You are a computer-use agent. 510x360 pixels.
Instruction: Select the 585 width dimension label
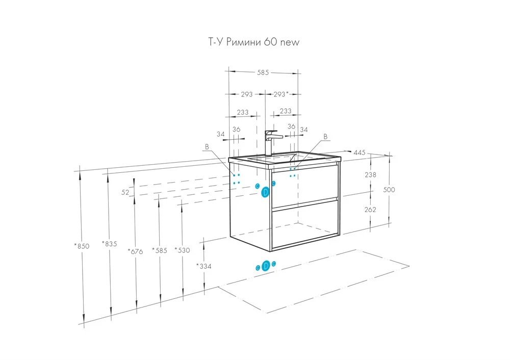point(263,72)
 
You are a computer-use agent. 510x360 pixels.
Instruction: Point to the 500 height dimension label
point(389,190)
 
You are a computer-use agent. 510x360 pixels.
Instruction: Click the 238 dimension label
point(371,175)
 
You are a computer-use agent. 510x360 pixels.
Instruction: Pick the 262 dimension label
point(371,209)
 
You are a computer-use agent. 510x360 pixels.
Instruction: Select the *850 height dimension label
point(82,246)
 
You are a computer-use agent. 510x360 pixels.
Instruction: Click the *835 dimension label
point(110,244)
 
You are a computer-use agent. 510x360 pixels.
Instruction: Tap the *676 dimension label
point(135,250)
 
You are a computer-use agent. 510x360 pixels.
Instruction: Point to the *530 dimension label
point(182,250)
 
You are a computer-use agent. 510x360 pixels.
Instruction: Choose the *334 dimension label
point(203,266)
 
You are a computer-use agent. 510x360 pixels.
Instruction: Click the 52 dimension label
point(125,192)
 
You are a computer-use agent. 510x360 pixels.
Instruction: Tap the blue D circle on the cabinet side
point(265,192)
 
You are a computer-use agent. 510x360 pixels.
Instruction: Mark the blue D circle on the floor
point(265,266)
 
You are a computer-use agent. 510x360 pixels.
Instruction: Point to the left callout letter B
point(207,147)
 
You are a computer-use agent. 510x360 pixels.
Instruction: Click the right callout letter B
point(325,137)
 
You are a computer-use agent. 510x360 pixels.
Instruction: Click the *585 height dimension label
point(160,251)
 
